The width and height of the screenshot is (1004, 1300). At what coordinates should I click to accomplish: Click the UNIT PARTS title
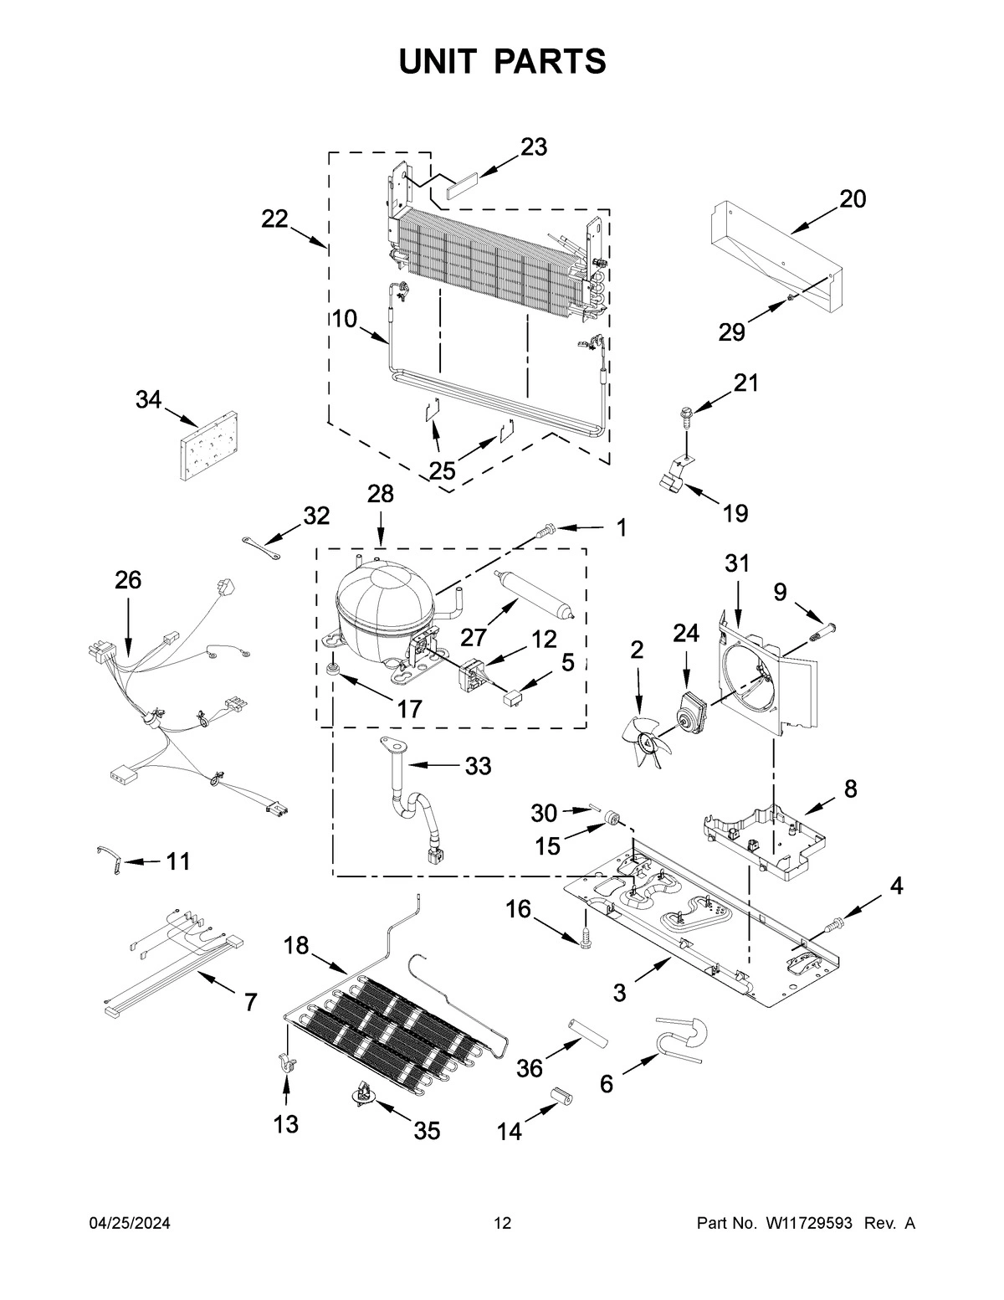502,62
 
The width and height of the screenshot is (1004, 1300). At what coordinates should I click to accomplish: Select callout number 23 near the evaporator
534,147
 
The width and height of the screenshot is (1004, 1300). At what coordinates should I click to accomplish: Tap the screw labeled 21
684,415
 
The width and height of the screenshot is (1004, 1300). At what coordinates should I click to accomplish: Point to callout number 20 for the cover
853,199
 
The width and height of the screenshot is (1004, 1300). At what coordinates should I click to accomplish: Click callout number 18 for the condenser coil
296,946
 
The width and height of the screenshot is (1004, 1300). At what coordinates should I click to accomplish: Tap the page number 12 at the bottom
502,1224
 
